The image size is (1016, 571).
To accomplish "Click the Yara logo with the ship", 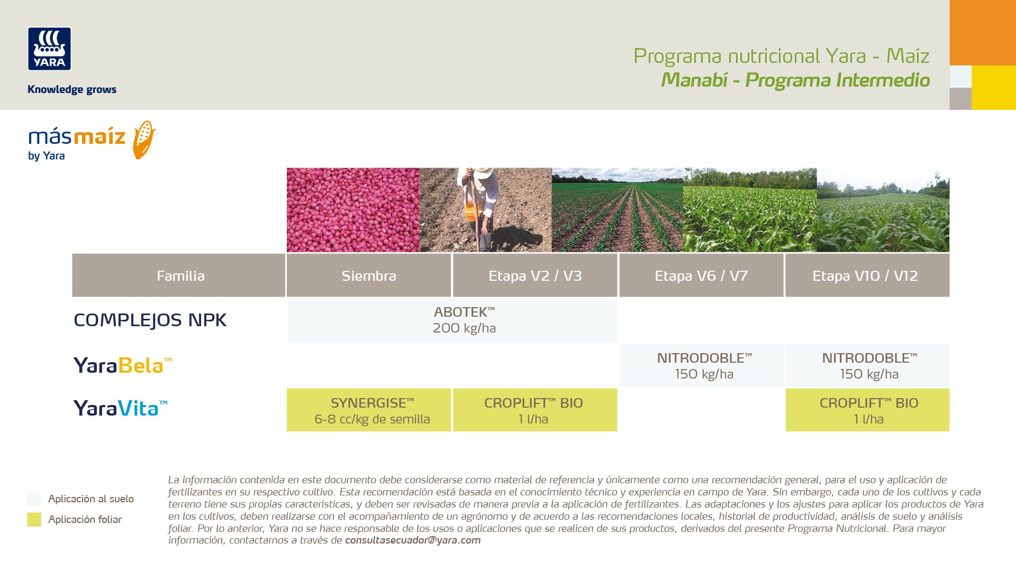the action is pos(49,49).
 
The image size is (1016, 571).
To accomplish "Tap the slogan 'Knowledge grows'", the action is pos(72,89).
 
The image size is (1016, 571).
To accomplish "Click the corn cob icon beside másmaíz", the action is pos(144,140).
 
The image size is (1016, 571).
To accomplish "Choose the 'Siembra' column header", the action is pos(369,275).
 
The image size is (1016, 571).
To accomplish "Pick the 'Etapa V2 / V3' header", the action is pos(535,275).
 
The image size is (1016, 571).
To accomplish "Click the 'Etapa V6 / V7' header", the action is pos(701,275).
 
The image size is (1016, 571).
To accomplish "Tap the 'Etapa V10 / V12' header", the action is pos(867,275).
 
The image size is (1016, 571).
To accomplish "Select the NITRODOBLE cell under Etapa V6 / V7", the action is pos(702,365).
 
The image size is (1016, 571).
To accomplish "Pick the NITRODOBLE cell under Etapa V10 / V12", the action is pos(867,365).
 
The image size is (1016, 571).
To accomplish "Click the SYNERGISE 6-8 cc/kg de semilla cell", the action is pos(369,410).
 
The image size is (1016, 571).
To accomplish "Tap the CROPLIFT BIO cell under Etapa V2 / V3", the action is pos(535,410).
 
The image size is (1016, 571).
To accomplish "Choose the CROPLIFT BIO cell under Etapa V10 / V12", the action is pos(867,410).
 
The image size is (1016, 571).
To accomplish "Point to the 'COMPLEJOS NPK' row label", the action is pos(150,320).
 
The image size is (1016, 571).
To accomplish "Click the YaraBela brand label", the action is pos(123,365).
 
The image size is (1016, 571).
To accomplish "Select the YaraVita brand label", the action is pos(120,408).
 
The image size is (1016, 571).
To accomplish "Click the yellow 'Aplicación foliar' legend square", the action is pos(34,519).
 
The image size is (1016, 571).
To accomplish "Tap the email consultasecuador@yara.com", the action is pos(413,540).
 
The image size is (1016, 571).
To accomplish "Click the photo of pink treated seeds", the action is pos(353,210).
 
